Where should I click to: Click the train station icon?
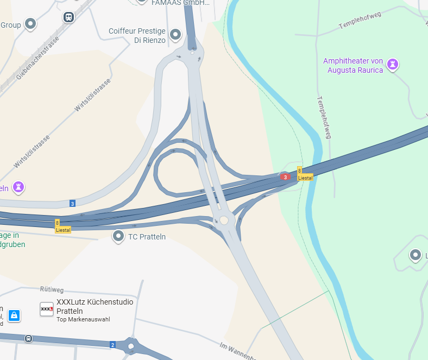[x=68, y=17]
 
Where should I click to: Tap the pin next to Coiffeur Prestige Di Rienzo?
[x=175, y=35]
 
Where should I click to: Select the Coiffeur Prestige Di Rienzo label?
[x=137, y=35]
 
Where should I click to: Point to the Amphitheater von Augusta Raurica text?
[x=353, y=65]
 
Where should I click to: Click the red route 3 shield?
[x=285, y=177]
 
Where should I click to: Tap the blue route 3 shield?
[x=72, y=204]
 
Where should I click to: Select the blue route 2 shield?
[x=112, y=345]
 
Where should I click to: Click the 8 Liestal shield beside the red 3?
[x=305, y=174]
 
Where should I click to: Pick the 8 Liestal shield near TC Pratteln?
[x=62, y=226]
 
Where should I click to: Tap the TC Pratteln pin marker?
[x=118, y=236]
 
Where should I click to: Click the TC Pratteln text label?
[x=147, y=237]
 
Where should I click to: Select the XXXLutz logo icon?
[x=47, y=309]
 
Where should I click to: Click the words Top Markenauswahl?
[x=83, y=319]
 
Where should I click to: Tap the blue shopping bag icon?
[x=14, y=315]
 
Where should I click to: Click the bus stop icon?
[x=28, y=338]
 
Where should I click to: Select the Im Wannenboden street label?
[x=237, y=351]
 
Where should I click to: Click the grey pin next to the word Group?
[x=30, y=24]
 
